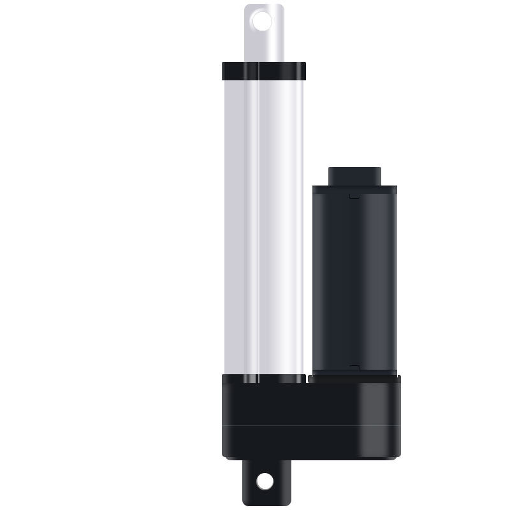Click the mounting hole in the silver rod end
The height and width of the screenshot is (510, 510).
tap(262, 22)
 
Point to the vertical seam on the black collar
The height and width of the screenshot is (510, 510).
tap(259, 71)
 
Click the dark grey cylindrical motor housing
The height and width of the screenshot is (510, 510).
tap(354, 280)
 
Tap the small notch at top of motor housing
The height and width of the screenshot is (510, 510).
tap(354, 196)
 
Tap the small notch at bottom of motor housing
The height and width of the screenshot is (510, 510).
tap(354, 367)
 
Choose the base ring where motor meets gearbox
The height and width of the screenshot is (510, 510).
tap(354, 374)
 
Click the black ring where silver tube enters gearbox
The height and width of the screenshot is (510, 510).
tap(264, 379)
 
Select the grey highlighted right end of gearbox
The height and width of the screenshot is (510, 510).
tap(379, 414)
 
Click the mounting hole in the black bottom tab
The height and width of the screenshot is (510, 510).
tap(265, 481)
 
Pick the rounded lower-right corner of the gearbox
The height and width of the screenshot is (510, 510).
tap(395, 454)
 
